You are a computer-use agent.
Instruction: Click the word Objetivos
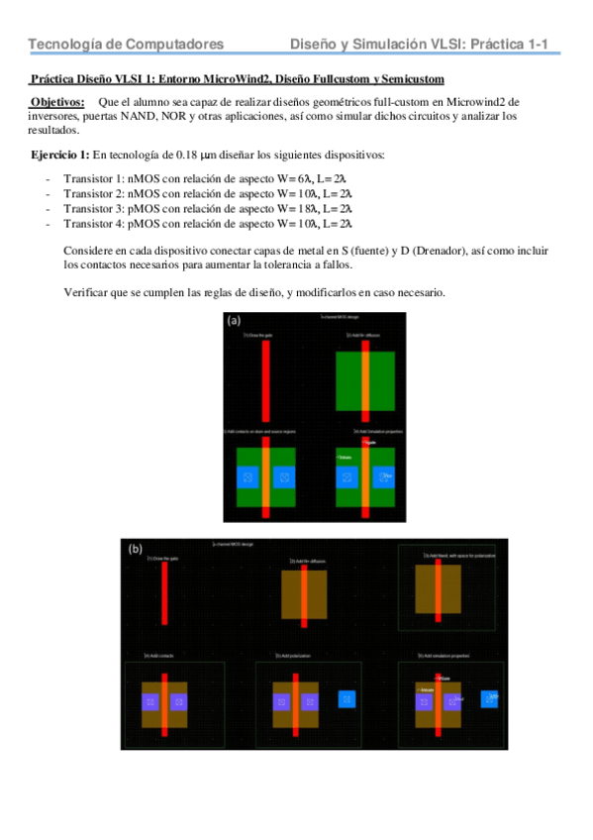pyautogui.click(x=56, y=102)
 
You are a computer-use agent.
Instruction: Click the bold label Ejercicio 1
pyautogui.click(x=60, y=156)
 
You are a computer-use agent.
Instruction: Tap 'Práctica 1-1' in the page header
pyautogui.click(x=515, y=45)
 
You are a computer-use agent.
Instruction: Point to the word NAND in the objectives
pyautogui.click(x=160, y=116)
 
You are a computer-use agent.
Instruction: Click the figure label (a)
pyautogui.click(x=236, y=321)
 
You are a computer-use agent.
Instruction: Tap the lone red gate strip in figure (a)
pyautogui.click(x=265, y=385)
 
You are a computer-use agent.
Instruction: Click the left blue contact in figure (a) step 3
pyautogui.click(x=247, y=478)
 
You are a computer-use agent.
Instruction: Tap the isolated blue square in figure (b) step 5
pyautogui.click(x=346, y=698)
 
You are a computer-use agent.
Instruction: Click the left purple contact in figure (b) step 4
pyautogui.click(x=150, y=701)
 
